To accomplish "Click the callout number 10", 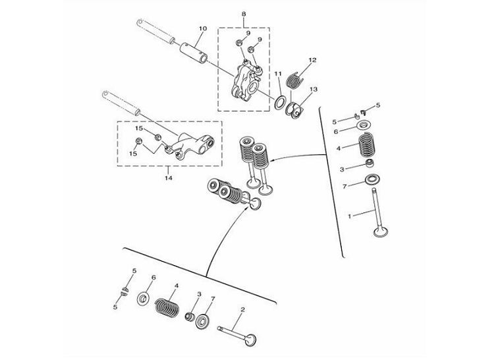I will coord(202,28).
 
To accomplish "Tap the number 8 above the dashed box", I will coord(243,13).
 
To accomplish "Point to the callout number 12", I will coord(312,60).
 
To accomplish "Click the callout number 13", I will coord(313,89).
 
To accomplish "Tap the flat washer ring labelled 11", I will coord(280,102).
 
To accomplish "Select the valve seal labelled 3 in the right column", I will coord(372,165).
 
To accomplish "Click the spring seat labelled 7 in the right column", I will coord(372,179).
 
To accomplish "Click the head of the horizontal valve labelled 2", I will coord(250,340).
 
